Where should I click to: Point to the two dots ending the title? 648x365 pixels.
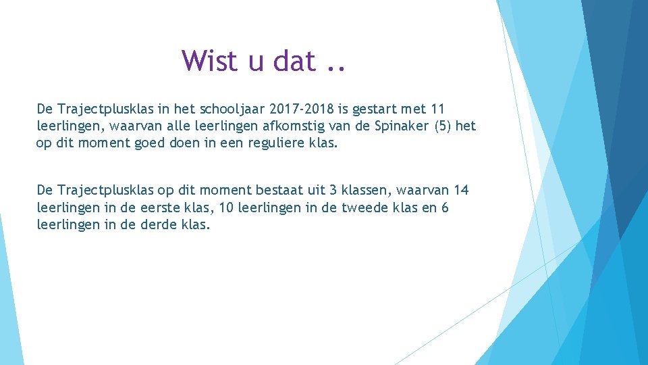(335, 68)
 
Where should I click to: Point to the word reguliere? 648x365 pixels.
(273, 143)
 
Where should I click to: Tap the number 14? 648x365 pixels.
(461, 191)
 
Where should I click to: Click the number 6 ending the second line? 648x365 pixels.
(444, 208)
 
